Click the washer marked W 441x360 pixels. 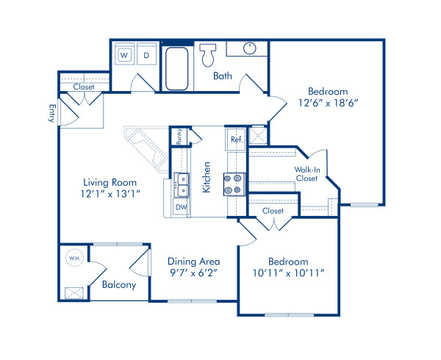(x=124, y=55)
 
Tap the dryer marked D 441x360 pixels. (x=146, y=55)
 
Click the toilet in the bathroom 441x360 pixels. (x=208, y=53)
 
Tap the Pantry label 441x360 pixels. (x=177, y=136)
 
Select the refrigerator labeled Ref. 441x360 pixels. (x=237, y=139)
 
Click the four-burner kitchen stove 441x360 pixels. (x=234, y=183)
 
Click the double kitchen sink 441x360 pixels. (x=182, y=184)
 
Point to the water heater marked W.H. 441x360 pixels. (x=74, y=259)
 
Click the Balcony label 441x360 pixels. (x=118, y=285)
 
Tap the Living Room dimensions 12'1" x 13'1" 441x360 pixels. (x=111, y=192)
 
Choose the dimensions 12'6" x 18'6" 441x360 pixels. (x=328, y=104)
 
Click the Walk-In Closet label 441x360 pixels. (x=306, y=173)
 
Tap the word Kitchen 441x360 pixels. (x=207, y=178)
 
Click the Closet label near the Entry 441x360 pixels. (x=83, y=87)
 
